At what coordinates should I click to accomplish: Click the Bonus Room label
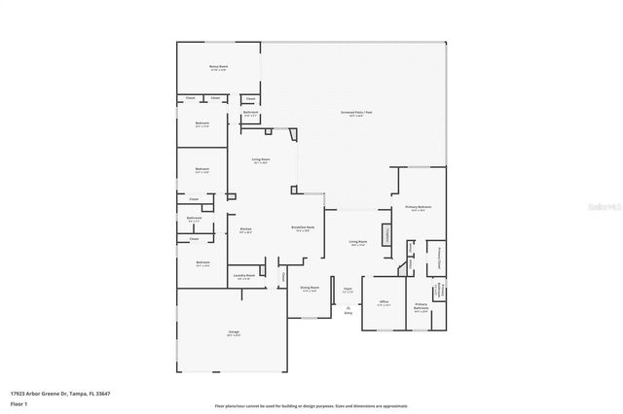coord(217,68)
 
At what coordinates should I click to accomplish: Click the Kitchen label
coord(245,230)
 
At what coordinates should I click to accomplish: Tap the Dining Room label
coord(309,290)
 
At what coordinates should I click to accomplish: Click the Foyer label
coord(346,289)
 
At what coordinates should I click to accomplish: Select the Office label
coord(384,303)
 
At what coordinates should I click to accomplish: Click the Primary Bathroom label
coord(421,307)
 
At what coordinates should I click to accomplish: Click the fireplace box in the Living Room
coord(385,234)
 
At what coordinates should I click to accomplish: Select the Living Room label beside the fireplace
coord(358,243)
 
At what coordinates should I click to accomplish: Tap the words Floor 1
coord(19,405)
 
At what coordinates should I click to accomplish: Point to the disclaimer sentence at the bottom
coord(311,405)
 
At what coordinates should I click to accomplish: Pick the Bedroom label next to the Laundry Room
coord(202,263)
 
